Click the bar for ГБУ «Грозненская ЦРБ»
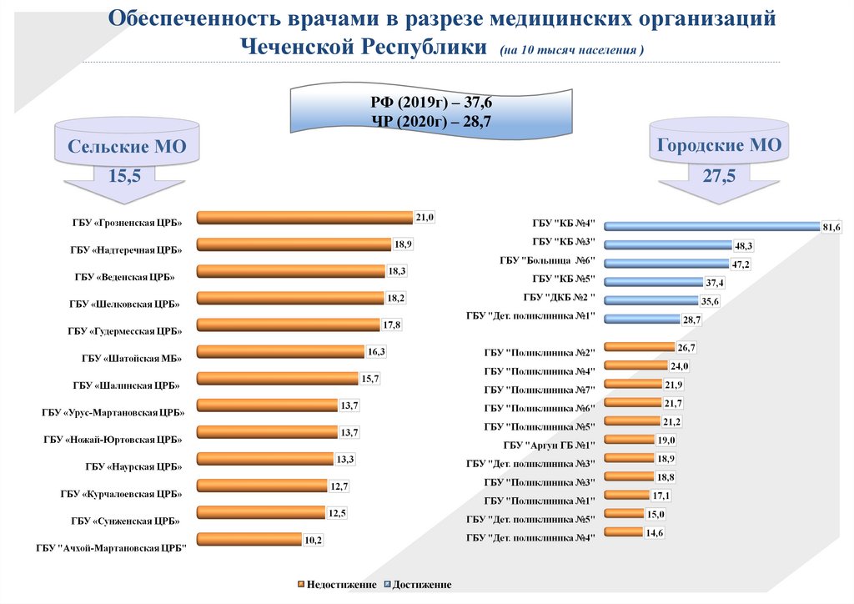[304, 218]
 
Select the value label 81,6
[831, 227]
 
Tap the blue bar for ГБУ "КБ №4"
[712, 225]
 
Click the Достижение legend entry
[418, 585]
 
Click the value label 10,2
[313, 540]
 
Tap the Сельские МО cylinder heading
[127, 148]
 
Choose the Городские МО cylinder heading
[719, 145]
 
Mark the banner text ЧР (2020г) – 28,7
[431, 121]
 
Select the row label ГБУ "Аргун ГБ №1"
[549, 445]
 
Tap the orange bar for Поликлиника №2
[639, 347]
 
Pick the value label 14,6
[655, 532]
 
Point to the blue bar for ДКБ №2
[651, 300]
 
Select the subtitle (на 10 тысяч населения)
[573, 50]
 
